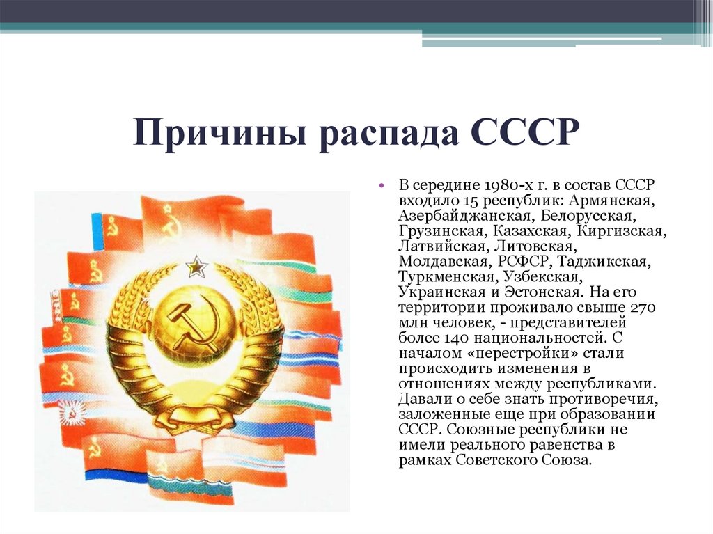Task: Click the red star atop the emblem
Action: [196, 265]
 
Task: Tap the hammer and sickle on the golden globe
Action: [188, 322]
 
